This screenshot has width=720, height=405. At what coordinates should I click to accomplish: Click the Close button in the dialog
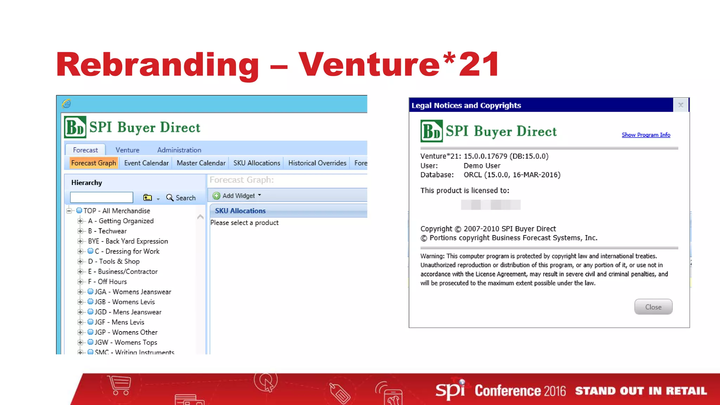point(653,307)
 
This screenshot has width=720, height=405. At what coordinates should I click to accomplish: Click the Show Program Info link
point(646,135)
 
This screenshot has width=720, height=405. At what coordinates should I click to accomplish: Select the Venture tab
point(127,150)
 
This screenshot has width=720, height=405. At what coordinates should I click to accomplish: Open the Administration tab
point(179,150)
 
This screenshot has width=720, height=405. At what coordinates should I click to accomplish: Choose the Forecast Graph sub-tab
point(94,163)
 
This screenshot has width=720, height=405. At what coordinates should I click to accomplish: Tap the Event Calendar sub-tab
point(146,163)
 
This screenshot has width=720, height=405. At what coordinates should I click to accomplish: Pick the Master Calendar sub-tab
point(201,163)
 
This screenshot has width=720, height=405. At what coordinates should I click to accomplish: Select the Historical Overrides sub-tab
point(317,163)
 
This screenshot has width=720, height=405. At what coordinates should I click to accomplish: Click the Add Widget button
point(237,196)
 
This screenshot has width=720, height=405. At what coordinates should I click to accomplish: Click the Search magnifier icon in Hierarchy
point(170,198)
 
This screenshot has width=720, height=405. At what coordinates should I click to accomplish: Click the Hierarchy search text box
point(102,198)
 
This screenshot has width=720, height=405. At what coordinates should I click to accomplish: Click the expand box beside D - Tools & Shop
point(80,262)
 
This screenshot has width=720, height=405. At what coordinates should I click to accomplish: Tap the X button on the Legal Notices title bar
point(681,105)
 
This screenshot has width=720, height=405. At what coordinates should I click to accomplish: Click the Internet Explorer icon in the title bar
point(66,104)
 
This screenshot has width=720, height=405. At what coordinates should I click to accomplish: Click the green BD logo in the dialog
point(431,131)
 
